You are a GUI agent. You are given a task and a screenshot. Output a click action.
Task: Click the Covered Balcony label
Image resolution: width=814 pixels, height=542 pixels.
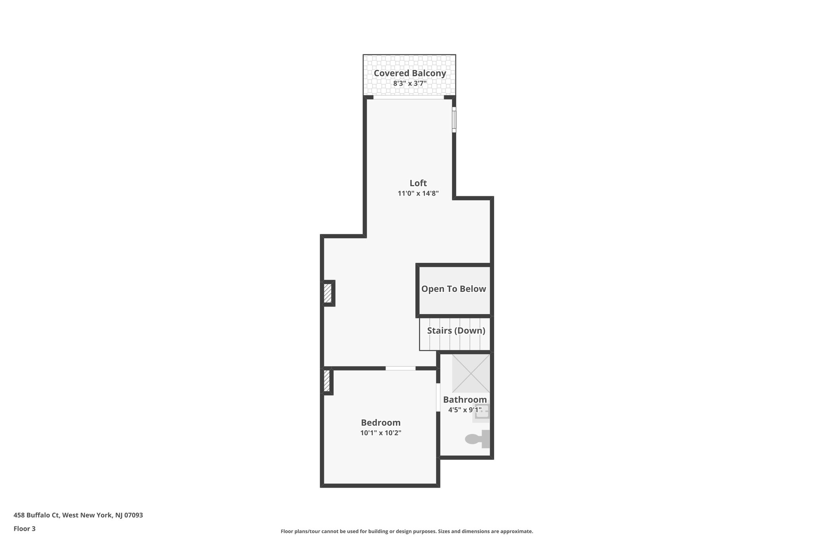410,73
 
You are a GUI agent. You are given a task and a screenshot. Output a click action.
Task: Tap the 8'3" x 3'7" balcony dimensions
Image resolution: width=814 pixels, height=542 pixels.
410,84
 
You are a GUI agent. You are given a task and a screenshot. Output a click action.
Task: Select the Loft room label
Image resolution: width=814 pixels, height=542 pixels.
418,183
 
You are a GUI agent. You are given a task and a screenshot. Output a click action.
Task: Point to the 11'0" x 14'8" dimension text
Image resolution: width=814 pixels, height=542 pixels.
418,194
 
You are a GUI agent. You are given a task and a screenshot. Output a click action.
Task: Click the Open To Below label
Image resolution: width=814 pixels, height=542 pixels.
454,289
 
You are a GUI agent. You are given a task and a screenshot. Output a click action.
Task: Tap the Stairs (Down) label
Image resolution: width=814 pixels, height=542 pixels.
456,331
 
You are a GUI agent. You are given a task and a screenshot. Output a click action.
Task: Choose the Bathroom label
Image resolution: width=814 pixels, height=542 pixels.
465,400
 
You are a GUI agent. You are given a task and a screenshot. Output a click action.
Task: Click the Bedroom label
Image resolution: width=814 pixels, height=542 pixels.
380,423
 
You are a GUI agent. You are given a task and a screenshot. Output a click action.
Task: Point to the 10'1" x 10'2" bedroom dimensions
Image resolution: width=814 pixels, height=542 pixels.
380,433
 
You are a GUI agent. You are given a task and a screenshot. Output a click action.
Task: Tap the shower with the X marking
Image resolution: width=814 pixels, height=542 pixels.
471,373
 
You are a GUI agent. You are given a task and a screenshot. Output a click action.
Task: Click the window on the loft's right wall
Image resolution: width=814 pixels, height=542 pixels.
454,119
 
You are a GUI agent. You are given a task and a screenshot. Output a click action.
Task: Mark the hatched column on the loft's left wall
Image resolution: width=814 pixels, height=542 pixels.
328,293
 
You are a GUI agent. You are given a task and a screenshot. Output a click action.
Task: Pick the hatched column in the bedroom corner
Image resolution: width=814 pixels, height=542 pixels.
327,381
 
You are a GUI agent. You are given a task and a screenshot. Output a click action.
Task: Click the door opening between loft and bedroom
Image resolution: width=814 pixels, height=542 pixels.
400,368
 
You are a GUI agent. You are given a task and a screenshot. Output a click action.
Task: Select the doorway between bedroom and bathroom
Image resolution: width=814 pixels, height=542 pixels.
438,397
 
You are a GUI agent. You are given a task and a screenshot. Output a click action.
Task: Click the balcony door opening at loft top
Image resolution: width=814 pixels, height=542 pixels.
409,97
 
